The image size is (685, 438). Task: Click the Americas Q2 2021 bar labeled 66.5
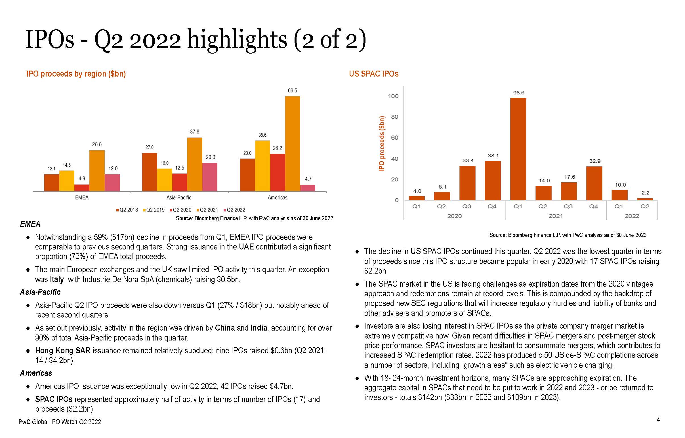(292, 143)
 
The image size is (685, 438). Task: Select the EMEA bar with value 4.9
(82, 188)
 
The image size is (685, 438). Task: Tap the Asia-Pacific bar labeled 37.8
(195, 164)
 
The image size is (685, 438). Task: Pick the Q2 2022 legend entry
(234, 210)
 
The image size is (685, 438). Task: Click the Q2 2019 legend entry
(154, 210)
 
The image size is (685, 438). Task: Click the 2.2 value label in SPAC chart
(645, 193)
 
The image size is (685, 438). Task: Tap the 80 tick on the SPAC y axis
(395, 117)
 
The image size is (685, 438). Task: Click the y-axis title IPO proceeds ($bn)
(381, 143)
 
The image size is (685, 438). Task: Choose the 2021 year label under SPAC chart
(555, 216)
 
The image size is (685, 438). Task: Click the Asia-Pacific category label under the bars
(179, 198)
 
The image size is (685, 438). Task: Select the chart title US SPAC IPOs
(373, 74)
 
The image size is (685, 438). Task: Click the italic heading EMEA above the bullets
(30, 224)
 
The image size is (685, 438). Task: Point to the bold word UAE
(246, 247)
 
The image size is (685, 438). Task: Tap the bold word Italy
(57, 279)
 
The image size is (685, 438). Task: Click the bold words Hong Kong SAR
(63, 350)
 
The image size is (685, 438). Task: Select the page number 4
(658, 420)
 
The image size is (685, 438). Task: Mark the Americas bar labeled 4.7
(308, 188)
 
